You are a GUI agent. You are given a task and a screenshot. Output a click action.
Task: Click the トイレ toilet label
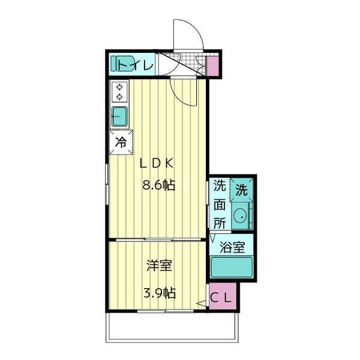point(136,65)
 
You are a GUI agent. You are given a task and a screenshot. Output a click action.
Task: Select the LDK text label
point(157,163)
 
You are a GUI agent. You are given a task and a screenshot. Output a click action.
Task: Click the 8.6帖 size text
point(159,185)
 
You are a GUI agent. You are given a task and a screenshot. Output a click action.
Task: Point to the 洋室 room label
point(160,265)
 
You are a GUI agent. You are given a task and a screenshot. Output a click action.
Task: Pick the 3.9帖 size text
point(160,293)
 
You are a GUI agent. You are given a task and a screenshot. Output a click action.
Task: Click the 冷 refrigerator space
point(121,142)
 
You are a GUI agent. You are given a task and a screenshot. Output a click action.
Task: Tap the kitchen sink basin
point(119,117)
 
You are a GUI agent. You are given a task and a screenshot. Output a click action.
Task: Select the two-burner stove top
point(119,92)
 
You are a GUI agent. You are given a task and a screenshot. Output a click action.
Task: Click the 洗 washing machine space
point(242,190)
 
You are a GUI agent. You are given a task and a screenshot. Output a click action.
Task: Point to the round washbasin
point(240,216)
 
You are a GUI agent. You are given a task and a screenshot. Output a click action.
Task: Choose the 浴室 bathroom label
point(232,247)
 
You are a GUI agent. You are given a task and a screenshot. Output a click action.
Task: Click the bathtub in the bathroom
point(232,267)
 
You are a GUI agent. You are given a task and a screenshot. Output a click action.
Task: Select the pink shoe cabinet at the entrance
point(212,65)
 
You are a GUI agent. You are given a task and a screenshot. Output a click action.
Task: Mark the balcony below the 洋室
point(172,327)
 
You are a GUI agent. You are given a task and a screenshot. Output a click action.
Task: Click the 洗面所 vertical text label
point(220,204)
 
